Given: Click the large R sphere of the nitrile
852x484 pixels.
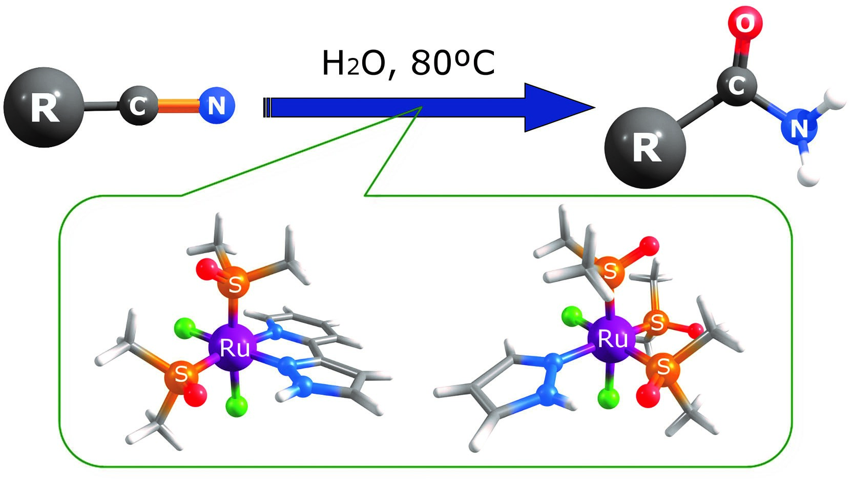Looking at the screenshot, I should coord(44,107).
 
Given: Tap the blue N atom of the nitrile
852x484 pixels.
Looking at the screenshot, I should coord(217,106).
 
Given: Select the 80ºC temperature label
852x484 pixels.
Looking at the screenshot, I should coord(453,64).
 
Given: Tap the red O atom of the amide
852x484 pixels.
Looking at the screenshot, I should coord(744,23).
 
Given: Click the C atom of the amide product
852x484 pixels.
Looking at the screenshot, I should coord(737,85).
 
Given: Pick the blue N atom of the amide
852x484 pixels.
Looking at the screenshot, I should coord(798,128).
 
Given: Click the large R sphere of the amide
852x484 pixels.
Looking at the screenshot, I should coord(646,148).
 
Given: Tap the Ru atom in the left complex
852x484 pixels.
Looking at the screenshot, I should coord(234,348).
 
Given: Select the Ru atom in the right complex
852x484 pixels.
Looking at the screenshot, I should coord(613,338).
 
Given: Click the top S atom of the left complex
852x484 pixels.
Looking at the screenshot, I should coord(235,284).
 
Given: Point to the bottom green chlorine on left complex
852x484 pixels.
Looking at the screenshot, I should coord(236,406).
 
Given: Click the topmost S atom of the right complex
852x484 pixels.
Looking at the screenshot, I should coord(610,270).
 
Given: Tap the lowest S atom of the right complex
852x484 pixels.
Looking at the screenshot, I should coord(663,366).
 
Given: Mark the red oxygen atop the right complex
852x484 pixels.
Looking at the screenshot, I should coord(649,246).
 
